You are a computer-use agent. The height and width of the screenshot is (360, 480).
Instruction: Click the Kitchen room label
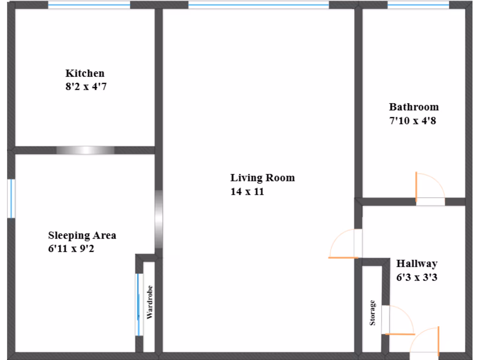click(85, 74)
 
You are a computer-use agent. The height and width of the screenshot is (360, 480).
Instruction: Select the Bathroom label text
click(414, 107)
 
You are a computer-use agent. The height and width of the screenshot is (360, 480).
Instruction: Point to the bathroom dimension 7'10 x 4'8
click(413, 120)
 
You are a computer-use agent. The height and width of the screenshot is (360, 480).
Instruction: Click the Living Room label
click(262, 178)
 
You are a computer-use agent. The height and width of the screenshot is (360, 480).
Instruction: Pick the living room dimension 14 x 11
click(247, 191)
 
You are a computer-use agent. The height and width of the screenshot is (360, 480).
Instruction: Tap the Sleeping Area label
click(82, 235)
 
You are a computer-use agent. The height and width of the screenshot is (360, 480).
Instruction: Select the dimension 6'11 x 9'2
click(71, 249)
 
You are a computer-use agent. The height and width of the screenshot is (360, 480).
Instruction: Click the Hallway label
click(417, 263)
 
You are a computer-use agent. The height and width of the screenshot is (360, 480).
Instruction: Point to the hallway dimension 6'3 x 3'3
click(417, 277)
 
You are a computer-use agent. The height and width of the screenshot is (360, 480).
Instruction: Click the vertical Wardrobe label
click(150, 302)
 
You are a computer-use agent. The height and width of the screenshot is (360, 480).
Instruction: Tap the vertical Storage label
click(373, 313)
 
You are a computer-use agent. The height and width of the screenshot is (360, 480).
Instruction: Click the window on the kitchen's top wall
click(89, 5)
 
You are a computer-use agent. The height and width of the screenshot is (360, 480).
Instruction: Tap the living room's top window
click(259, 5)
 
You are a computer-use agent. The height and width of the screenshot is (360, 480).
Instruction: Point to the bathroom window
click(418, 5)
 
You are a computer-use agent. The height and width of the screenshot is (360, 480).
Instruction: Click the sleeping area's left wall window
click(11, 198)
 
